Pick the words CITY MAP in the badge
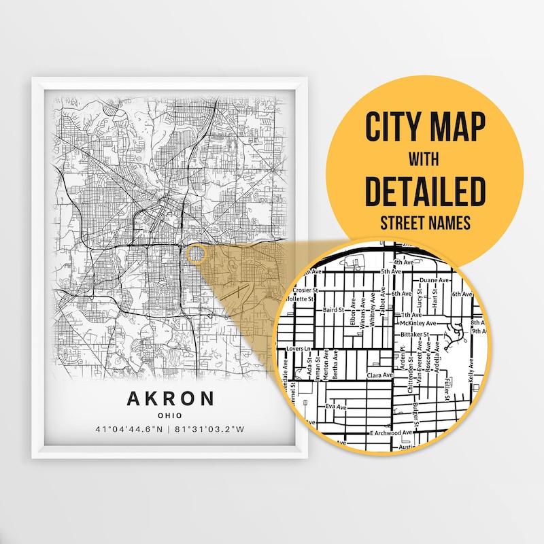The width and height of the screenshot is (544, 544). pos(424,126)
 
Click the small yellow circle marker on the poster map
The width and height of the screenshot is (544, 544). pos(195,254)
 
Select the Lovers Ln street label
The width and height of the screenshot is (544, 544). pos(299,349)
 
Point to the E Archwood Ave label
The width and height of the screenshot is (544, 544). pos(391,432)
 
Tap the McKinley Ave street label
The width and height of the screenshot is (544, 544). pos(415,324)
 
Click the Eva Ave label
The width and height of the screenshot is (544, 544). pos(336,407)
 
